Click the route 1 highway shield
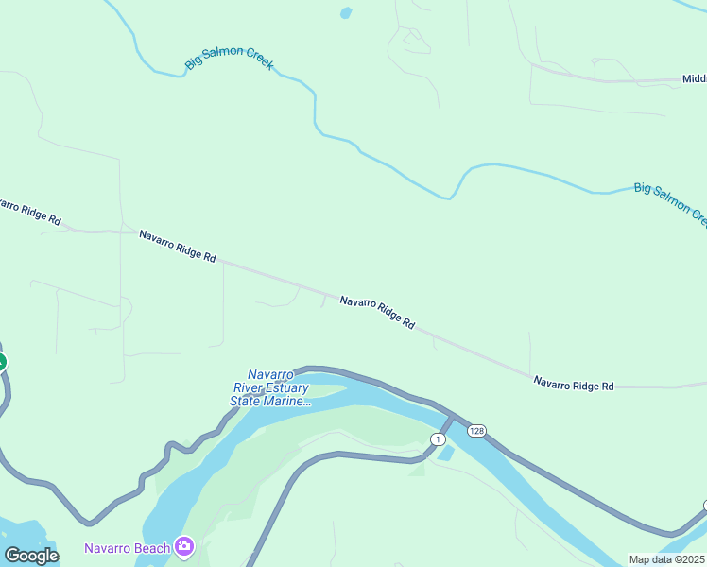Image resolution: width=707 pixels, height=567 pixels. coord(437,439)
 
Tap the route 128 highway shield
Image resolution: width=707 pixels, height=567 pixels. coord(476,430)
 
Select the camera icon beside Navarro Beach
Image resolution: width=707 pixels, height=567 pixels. coord(184,546)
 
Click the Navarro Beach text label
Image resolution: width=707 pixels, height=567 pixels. coord(127,548)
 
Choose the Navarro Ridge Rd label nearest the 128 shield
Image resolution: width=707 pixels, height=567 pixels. coord(574,385)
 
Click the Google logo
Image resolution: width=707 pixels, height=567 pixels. coord(31,556)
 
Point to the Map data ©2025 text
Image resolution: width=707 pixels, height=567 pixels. coord(667,559)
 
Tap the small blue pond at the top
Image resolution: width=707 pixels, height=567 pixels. coord(346,13)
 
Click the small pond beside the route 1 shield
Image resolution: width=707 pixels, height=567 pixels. coord(446,454)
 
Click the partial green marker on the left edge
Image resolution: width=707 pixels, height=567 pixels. coord(2,361)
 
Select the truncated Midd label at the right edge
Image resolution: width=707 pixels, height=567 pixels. coord(694,80)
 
